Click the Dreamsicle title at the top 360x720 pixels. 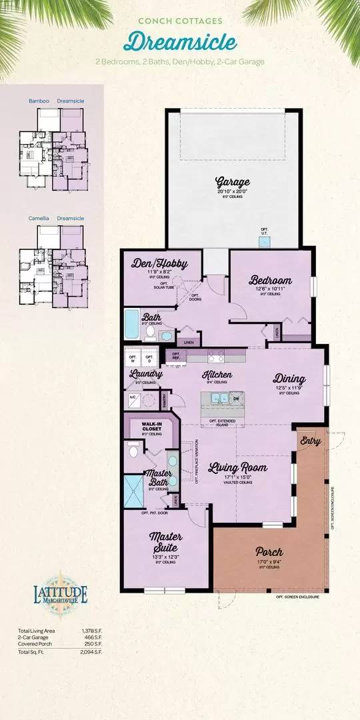click(x=179, y=42)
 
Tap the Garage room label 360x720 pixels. click(x=233, y=181)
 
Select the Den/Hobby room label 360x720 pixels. click(x=156, y=263)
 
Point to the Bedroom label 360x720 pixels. click(x=271, y=280)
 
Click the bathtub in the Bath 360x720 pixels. click(x=132, y=325)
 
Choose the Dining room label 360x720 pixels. click(x=289, y=379)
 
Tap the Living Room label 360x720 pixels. click(x=238, y=467)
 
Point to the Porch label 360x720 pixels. click(x=269, y=552)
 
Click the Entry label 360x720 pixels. click(x=311, y=440)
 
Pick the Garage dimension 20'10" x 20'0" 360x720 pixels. click(x=233, y=192)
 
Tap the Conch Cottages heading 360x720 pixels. click(x=179, y=21)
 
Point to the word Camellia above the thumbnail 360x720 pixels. click(x=39, y=218)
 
